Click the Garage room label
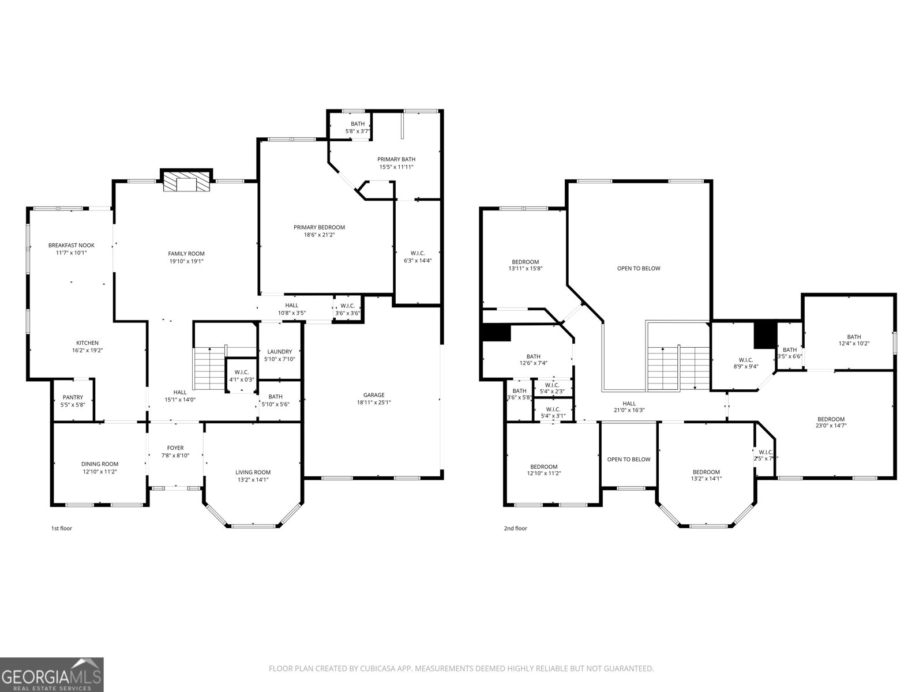tap(374, 395)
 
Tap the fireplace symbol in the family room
tap(186, 182)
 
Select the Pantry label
tap(73, 397)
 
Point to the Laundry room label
tap(279, 352)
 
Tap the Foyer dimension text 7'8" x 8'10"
tap(175, 456)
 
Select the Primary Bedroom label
tap(319, 227)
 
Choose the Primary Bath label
tap(396, 159)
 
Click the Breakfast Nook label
tap(71, 245)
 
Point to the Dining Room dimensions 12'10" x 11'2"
tap(100, 472)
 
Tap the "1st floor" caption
tap(62, 528)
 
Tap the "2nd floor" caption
tap(516, 528)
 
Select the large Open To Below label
tap(639, 268)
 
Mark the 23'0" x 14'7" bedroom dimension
tap(831, 426)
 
